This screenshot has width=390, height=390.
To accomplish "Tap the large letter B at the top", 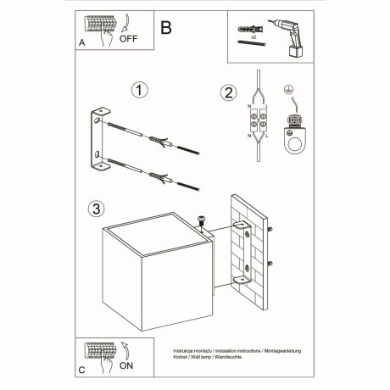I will pyautogui.click(x=166, y=27).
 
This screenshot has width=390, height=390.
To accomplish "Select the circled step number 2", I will pyautogui.click(x=227, y=93).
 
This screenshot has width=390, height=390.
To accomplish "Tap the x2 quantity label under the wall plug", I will pyautogui.click(x=253, y=40).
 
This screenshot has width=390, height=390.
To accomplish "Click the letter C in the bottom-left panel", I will pyautogui.click(x=82, y=370).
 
